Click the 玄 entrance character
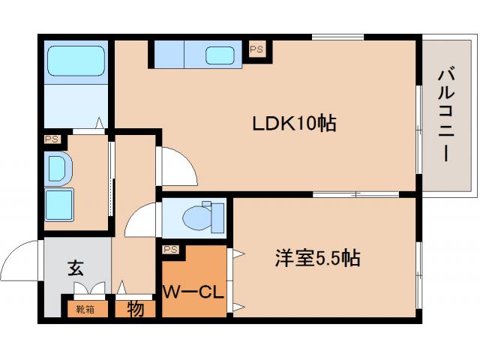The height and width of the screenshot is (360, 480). tap(75, 266)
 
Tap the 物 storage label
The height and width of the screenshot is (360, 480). tap(136, 308)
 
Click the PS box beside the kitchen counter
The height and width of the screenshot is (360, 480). tap(256, 49)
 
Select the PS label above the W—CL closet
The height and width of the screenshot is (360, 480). tap(170, 249)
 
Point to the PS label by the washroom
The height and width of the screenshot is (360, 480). tap(52, 139)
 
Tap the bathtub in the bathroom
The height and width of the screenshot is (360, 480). tap(75, 61)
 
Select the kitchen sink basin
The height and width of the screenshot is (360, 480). tap(220, 55)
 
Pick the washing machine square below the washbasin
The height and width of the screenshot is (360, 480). tap(59, 202)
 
